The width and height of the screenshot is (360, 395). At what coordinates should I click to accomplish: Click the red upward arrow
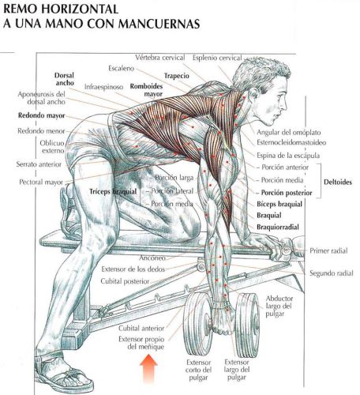148,368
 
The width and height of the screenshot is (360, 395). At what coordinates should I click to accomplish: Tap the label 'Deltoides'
338,182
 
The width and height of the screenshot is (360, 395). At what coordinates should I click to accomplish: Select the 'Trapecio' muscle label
177,76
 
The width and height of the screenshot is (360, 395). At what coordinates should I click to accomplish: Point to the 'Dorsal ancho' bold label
65,79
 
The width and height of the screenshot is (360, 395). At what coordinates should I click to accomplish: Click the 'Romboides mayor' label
147,90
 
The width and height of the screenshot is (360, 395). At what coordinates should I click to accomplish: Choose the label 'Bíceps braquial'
279,204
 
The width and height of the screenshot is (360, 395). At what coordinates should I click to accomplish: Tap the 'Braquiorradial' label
278,227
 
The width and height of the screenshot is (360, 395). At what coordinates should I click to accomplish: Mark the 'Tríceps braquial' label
113,192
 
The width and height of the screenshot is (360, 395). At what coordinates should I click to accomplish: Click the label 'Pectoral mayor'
41,182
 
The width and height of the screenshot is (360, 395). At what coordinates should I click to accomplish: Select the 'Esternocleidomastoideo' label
291,143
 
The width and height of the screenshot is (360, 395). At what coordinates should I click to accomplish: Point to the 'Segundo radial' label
332,273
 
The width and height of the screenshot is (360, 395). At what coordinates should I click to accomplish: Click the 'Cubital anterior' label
141,329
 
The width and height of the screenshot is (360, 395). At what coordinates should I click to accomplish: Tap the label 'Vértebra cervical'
160,58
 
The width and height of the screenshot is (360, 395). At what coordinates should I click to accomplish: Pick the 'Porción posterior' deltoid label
287,193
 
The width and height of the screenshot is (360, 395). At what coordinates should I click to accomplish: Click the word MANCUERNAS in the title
159,23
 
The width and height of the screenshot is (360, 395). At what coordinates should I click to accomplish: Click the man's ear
254,93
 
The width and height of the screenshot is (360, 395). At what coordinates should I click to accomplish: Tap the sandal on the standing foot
63,371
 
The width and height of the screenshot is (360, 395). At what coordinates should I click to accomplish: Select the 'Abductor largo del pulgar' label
279,307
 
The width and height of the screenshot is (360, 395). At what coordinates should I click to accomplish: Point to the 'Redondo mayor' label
41,115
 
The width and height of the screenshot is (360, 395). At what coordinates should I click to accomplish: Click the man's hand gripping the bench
266,243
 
